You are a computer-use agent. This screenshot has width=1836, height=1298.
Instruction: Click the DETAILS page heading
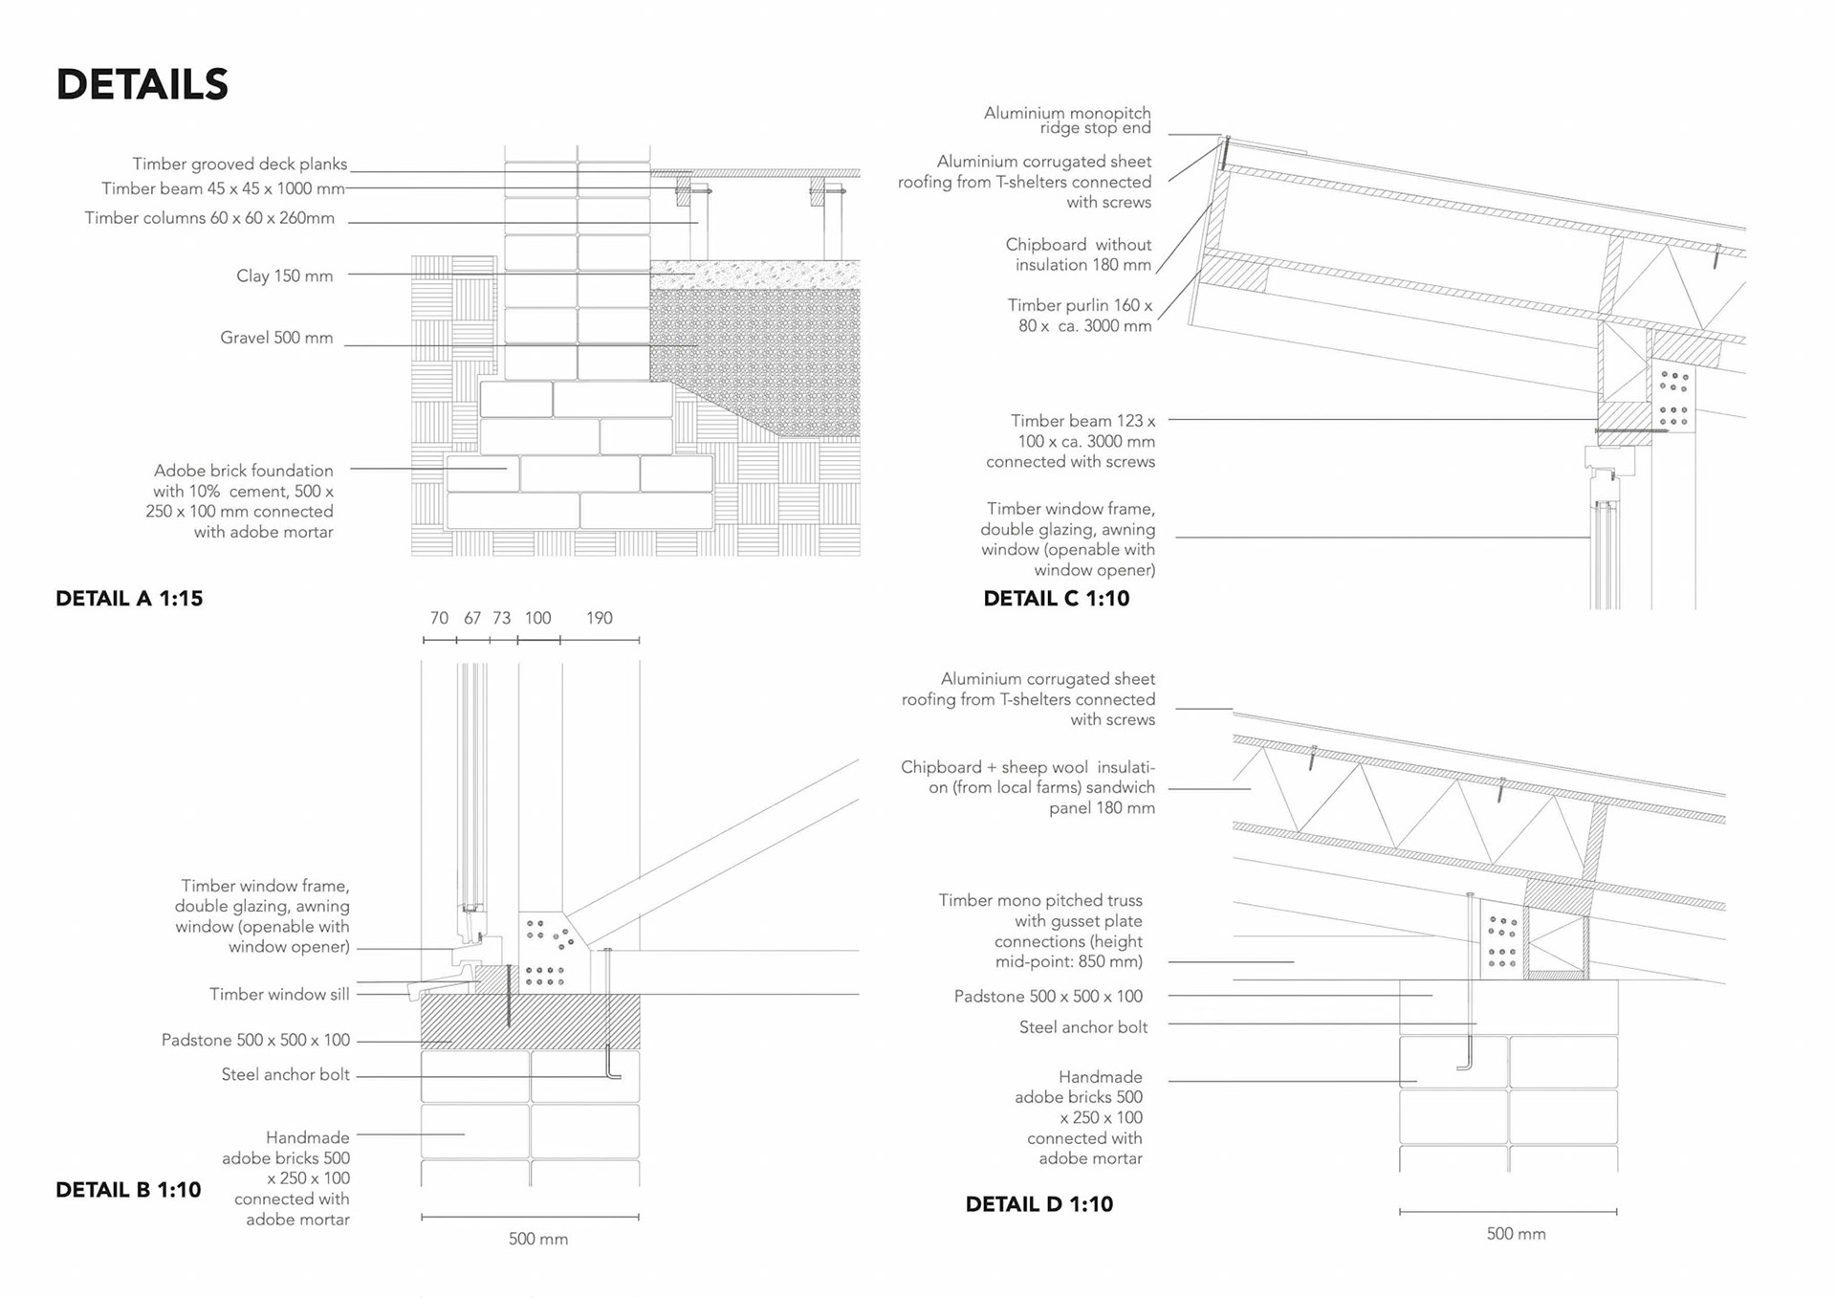[142, 84]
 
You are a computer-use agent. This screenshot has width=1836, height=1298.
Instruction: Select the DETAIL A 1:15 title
[129, 599]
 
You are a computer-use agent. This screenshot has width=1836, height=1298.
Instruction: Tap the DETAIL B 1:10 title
[128, 1190]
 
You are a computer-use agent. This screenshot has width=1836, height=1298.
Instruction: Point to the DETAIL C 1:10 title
[1056, 599]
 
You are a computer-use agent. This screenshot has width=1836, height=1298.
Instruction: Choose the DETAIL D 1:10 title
[1038, 1204]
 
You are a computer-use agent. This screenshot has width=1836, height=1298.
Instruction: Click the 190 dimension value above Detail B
[600, 618]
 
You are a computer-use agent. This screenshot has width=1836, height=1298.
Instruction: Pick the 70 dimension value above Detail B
[439, 618]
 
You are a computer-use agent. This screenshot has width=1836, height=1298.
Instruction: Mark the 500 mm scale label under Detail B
[538, 1239]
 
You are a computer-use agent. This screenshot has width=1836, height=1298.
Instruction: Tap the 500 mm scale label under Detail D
[1516, 1234]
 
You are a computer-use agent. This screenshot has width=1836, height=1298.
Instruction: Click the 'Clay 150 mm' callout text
[284, 276]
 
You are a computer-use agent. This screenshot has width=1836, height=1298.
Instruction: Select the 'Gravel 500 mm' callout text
[276, 338]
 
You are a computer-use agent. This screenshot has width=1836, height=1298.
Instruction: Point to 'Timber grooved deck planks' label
[239, 165]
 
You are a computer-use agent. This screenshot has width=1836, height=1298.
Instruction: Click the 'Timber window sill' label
[279, 995]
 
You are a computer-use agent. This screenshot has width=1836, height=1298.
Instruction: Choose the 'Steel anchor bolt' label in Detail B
[285, 1075]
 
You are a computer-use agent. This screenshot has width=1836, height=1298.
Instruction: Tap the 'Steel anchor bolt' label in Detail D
[1082, 1027]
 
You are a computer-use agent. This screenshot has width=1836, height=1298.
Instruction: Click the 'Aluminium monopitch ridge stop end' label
[1067, 121]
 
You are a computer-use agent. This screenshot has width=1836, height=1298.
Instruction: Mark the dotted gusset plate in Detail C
[1673, 398]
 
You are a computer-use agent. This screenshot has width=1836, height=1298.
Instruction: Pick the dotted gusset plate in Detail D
[1502, 942]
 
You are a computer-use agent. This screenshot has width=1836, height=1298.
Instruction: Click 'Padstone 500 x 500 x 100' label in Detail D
[1048, 997]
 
